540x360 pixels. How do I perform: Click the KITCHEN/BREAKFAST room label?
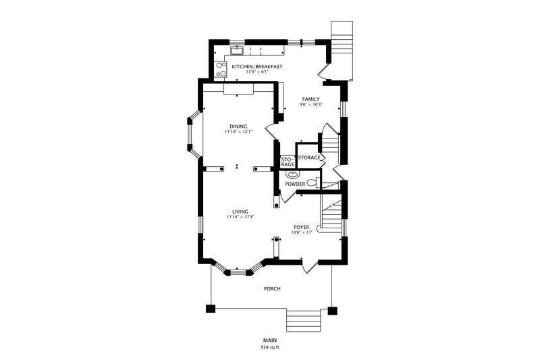tap(257, 66)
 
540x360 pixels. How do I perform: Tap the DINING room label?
tap(238, 126)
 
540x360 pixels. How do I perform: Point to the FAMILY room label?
tap(310, 99)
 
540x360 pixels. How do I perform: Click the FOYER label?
tap(301, 228)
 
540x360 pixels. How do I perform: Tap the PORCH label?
tap(272, 288)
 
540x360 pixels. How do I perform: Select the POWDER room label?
tap(295, 184)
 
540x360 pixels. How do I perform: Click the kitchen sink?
tap(237, 51)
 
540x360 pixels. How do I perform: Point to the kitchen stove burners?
tap(221, 70)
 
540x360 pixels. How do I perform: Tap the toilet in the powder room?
tap(313, 182)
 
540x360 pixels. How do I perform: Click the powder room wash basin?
tap(292, 175)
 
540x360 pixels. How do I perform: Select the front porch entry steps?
tap(304, 320)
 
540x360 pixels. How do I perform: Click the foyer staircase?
tap(331, 214)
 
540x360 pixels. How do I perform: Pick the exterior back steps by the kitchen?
tap(342, 50)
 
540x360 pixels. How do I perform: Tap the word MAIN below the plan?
tap(270, 340)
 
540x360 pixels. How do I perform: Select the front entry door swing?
tap(310, 266)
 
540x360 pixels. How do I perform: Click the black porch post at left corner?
tap(211, 308)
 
